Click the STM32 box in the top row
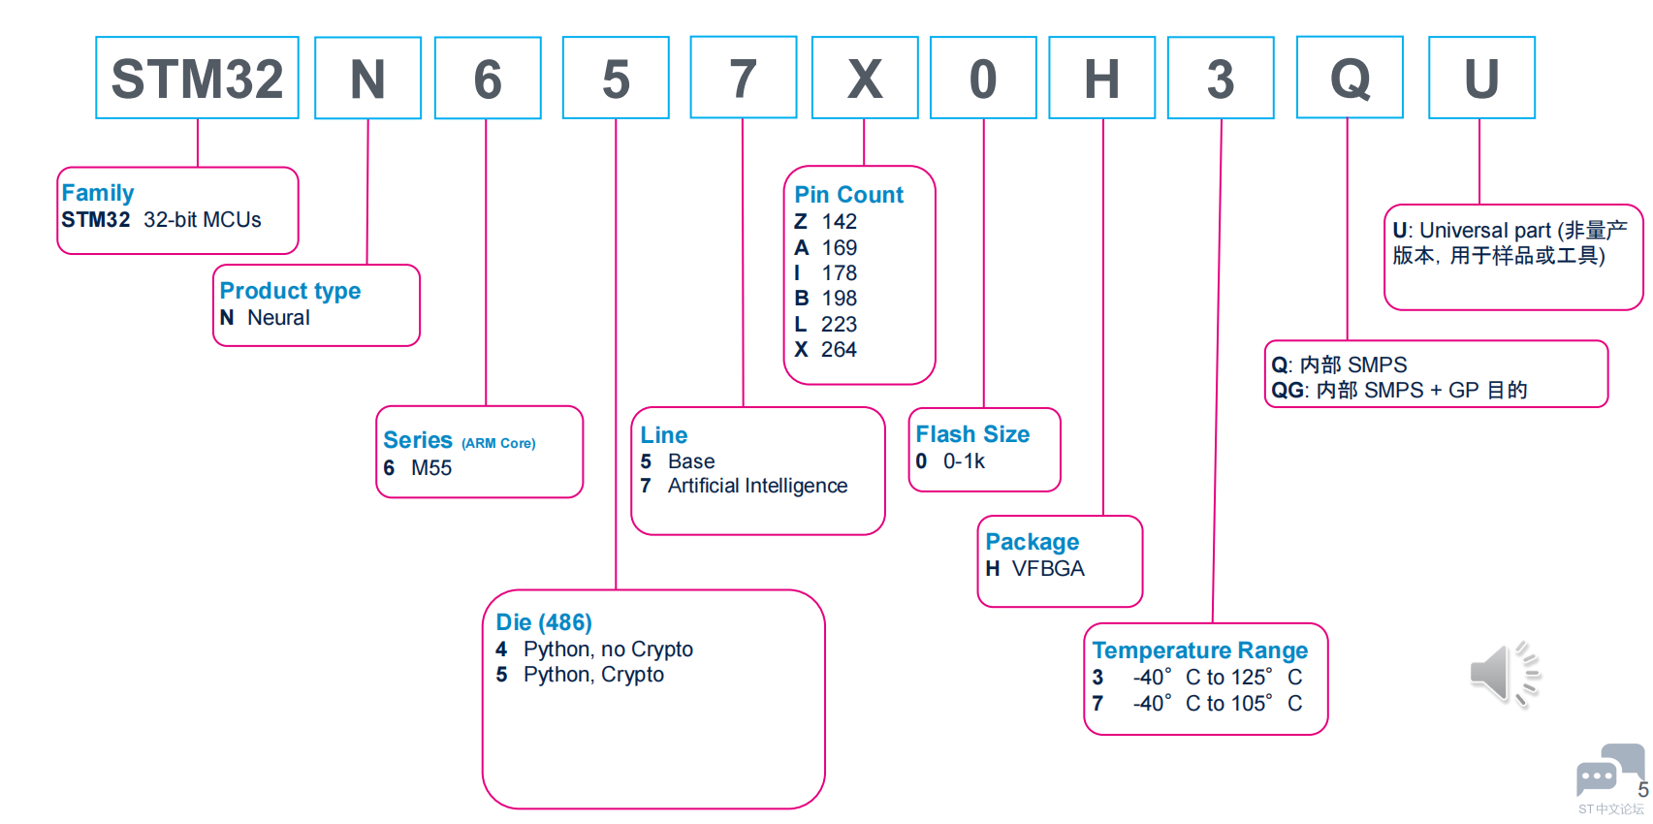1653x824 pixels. (197, 79)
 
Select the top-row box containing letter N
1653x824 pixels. (367, 79)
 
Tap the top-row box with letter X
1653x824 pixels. (864, 79)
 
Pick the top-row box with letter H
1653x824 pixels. (1101, 79)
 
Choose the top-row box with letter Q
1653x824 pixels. (1350, 79)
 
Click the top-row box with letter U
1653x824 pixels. (1481, 79)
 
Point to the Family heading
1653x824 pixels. (98, 193)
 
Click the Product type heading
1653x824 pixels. (290, 291)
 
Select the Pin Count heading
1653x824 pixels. (848, 195)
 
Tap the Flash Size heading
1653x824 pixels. (972, 434)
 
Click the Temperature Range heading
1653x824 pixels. (1199, 650)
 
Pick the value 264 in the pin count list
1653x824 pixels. (839, 350)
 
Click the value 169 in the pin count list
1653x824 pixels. (839, 248)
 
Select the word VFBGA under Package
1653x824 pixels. (1048, 569)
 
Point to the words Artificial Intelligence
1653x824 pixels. (757, 486)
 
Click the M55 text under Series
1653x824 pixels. (431, 468)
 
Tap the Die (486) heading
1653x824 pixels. (544, 622)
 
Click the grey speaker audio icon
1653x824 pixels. (1503, 673)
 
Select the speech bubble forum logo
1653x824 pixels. (1607, 771)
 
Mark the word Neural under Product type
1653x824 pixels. (278, 318)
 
